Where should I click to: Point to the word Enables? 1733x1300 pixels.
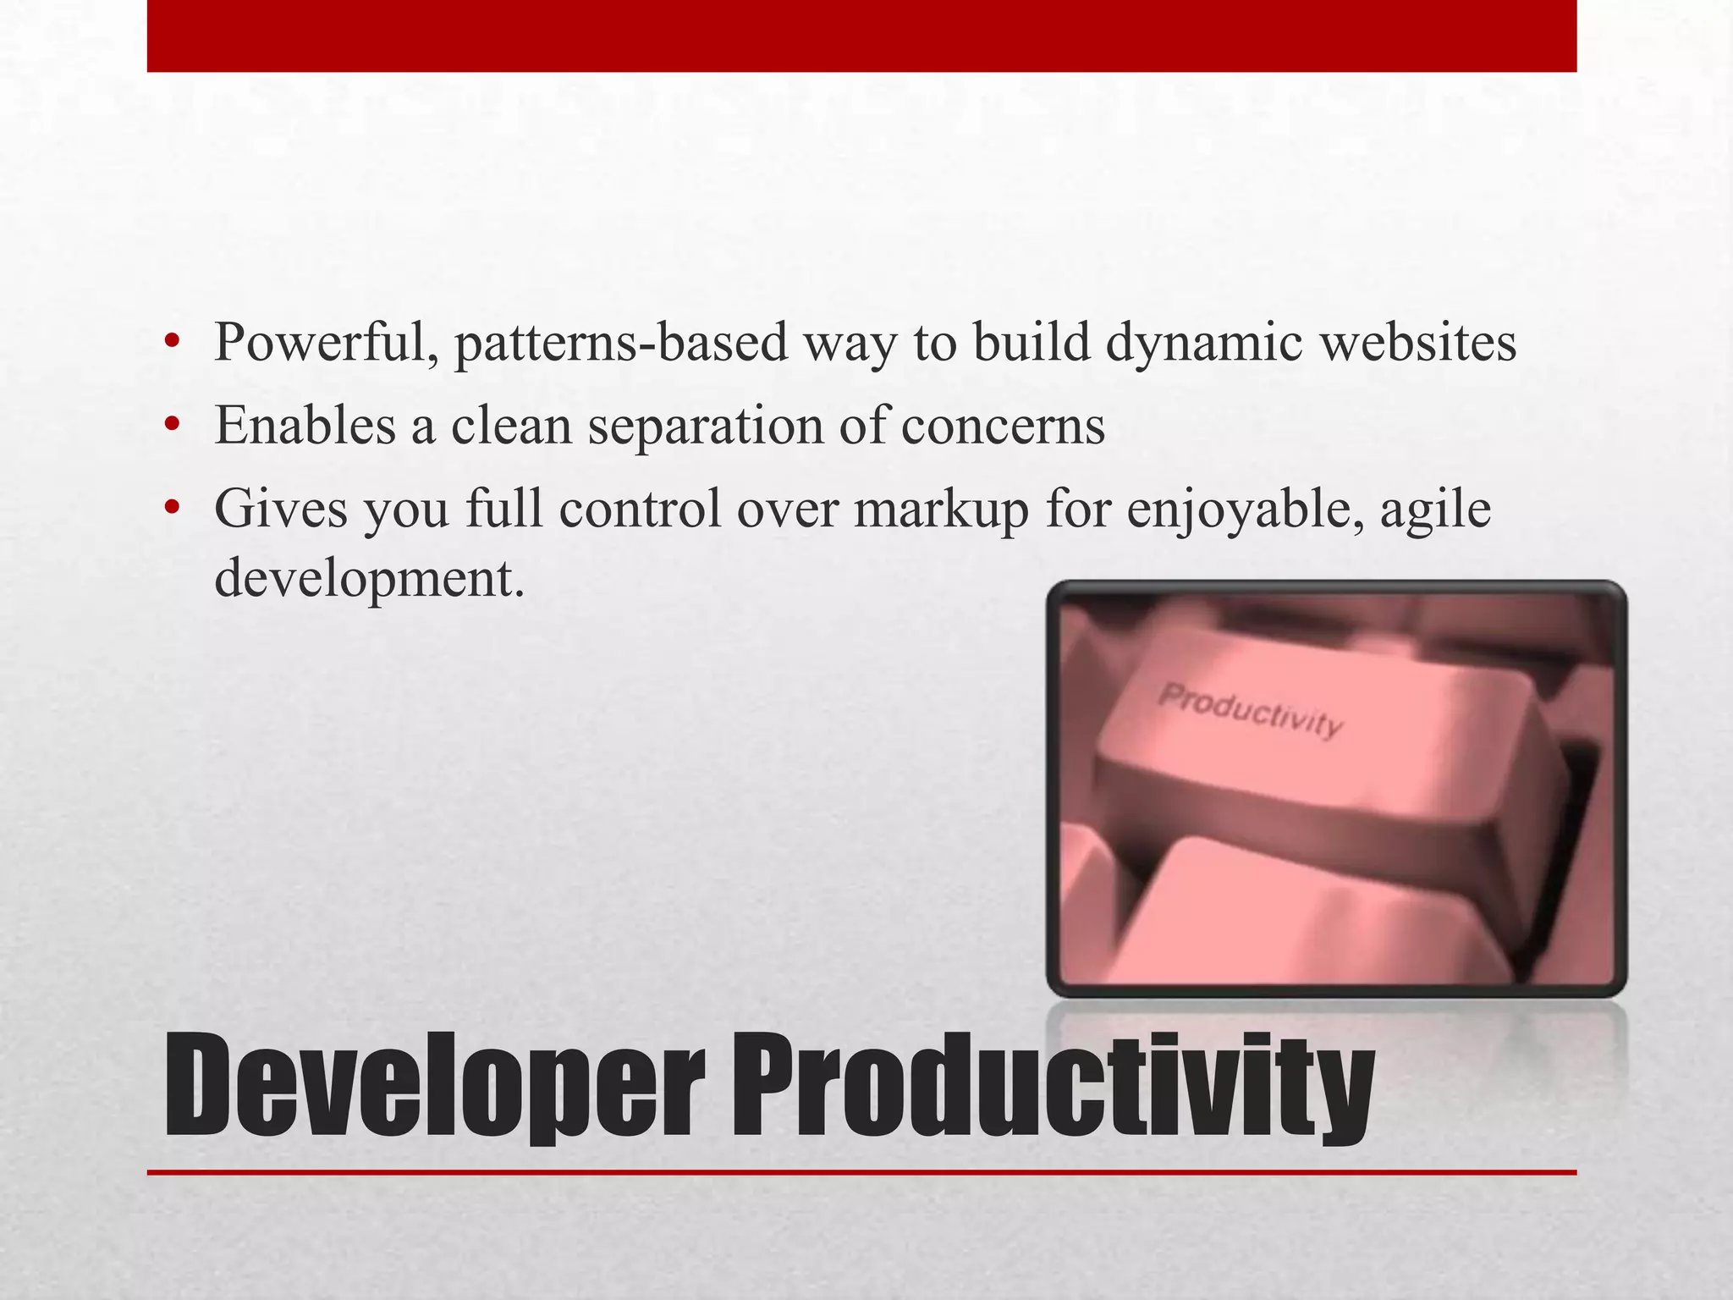305,426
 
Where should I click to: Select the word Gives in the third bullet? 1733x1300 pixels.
281,509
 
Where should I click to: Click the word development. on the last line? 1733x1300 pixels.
369,580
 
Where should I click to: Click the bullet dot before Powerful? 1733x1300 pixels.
173,343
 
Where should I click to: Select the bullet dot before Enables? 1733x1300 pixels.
173,425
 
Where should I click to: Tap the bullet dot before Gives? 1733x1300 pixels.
173,508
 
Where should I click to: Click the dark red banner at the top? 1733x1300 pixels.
861,36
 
